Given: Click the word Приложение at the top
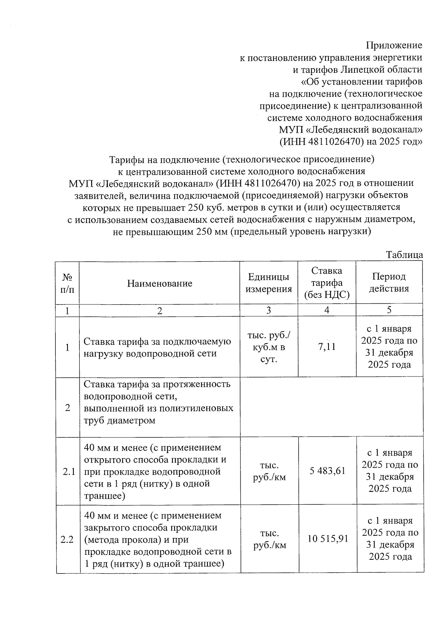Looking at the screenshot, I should (x=394, y=45).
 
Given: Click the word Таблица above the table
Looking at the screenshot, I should (x=404, y=255).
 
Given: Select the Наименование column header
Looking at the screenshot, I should (x=159, y=283).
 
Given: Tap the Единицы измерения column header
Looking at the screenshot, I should (x=268, y=283).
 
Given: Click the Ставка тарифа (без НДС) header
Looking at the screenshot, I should (x=327, y=283).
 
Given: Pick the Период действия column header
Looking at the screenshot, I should (x=389, y=283).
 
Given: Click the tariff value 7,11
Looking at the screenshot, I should (x=327, y=347).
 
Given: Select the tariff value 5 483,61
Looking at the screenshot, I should (x=327, y=471).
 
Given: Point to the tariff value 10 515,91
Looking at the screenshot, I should (x=328, y=539).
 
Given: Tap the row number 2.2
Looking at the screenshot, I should (x=68, y=540).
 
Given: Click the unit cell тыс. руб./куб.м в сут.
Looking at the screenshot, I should (x=268, y=347).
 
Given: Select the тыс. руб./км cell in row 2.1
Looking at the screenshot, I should (x=269, y=471).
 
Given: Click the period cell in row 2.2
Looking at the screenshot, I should (x=390, y=539).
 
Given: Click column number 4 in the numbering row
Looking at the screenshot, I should (x=327, y=310).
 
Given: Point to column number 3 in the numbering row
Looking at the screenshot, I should (x=268, y=310).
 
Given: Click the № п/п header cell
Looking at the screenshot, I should (x=67, y=283).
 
